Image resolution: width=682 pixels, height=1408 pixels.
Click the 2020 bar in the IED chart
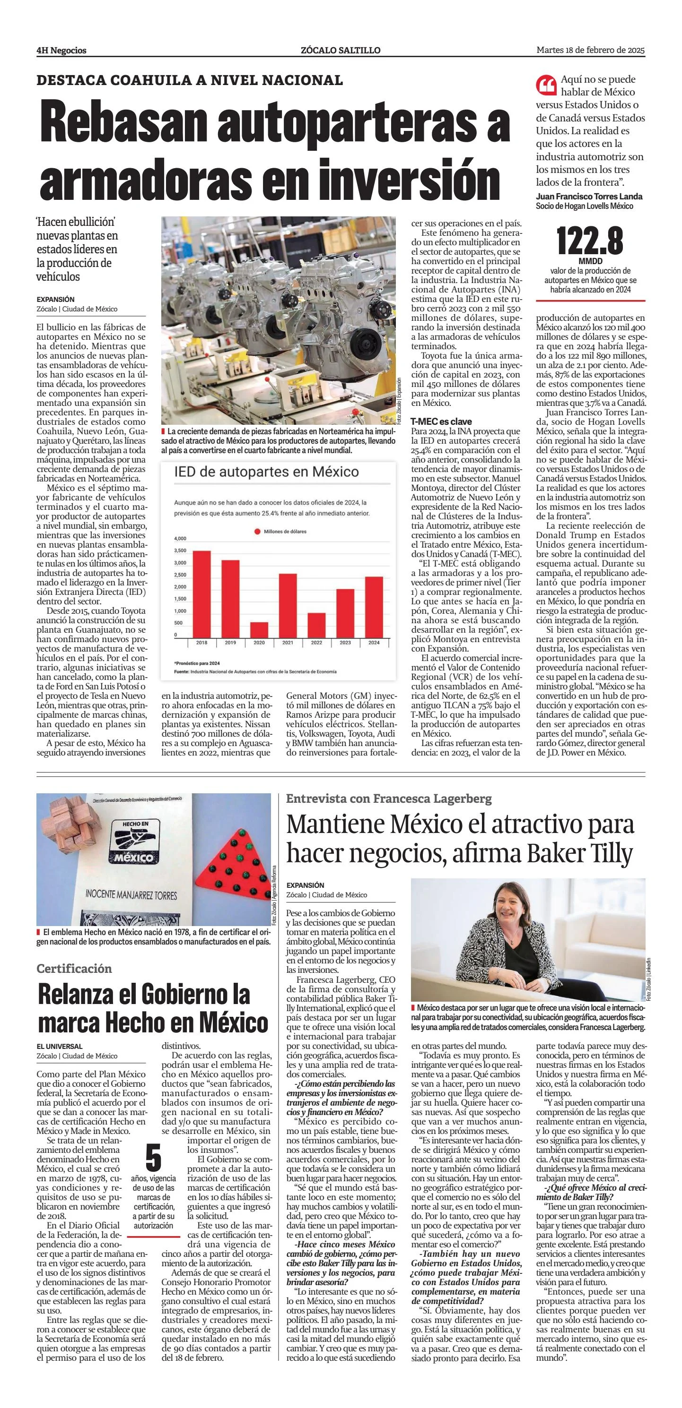point(259,629)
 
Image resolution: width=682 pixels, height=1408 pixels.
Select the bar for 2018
point(202,593)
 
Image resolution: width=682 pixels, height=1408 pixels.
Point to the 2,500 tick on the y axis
point(180,575)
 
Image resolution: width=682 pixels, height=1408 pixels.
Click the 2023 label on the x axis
point(345,643)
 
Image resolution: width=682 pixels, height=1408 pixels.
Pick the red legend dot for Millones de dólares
point(257,531)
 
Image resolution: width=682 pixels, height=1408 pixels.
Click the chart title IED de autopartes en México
point(266,472)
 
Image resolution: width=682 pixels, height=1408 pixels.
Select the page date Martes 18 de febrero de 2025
point(591,50)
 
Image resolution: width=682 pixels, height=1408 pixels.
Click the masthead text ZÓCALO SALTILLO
point(340,50)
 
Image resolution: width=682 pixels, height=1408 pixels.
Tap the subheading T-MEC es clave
point(441,421)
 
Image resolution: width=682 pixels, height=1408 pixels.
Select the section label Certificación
point(74,969)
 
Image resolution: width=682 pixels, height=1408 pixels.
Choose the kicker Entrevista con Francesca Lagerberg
point(389,798)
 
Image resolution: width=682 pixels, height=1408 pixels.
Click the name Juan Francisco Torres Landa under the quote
point(589,197)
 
